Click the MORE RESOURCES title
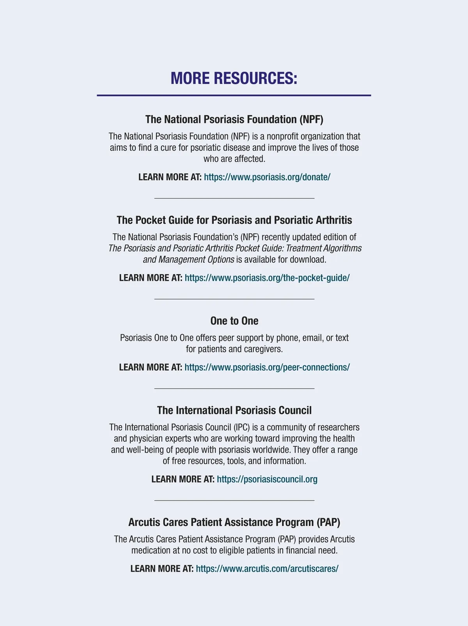click(234, 78)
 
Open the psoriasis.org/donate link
click(267, 177)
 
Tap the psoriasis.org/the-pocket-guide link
click(267, 278)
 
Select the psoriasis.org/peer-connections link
click(267, 367)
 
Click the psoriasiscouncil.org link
click(267, 479)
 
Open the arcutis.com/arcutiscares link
click(267, 568)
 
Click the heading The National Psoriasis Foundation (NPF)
click(234, 119)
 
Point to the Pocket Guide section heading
click(234, 220)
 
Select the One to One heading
click(234, 321)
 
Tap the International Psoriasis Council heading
click(234, 410)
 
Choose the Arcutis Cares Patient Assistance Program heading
click(234, 522)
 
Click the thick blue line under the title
click(234, 95)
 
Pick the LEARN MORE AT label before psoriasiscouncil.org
click(183, 479)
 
